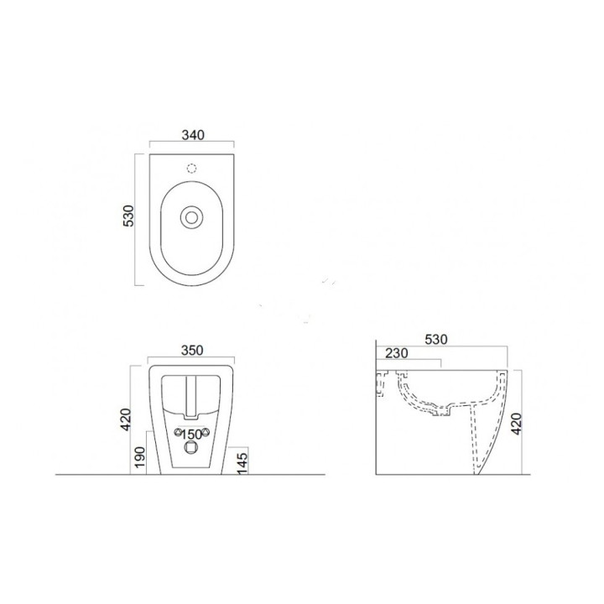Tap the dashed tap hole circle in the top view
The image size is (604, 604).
tap(192, 168)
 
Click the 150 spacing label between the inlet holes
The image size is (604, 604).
tap(192, 434)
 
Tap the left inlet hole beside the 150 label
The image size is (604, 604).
tap(178, 433)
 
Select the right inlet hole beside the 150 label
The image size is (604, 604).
tap(206, 433)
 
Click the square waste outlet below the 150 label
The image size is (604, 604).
tap(192, 449)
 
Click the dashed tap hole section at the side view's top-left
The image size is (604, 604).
tap(383, 384)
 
